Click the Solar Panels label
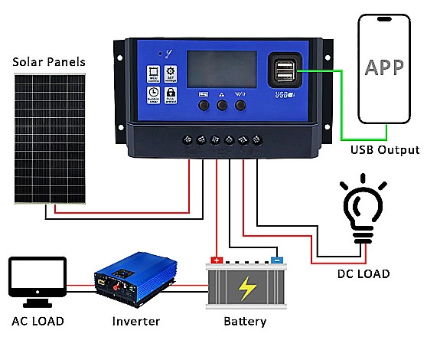coord(47,61)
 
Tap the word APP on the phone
coord(384,67)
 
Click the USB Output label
coord(385,149)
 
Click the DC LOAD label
coord(363,273)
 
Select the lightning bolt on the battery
coord(247,289)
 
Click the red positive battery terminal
coord(217,260)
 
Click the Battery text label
coord(245,321)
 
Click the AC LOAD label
coord(37,321)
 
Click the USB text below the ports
coord(281,95)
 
